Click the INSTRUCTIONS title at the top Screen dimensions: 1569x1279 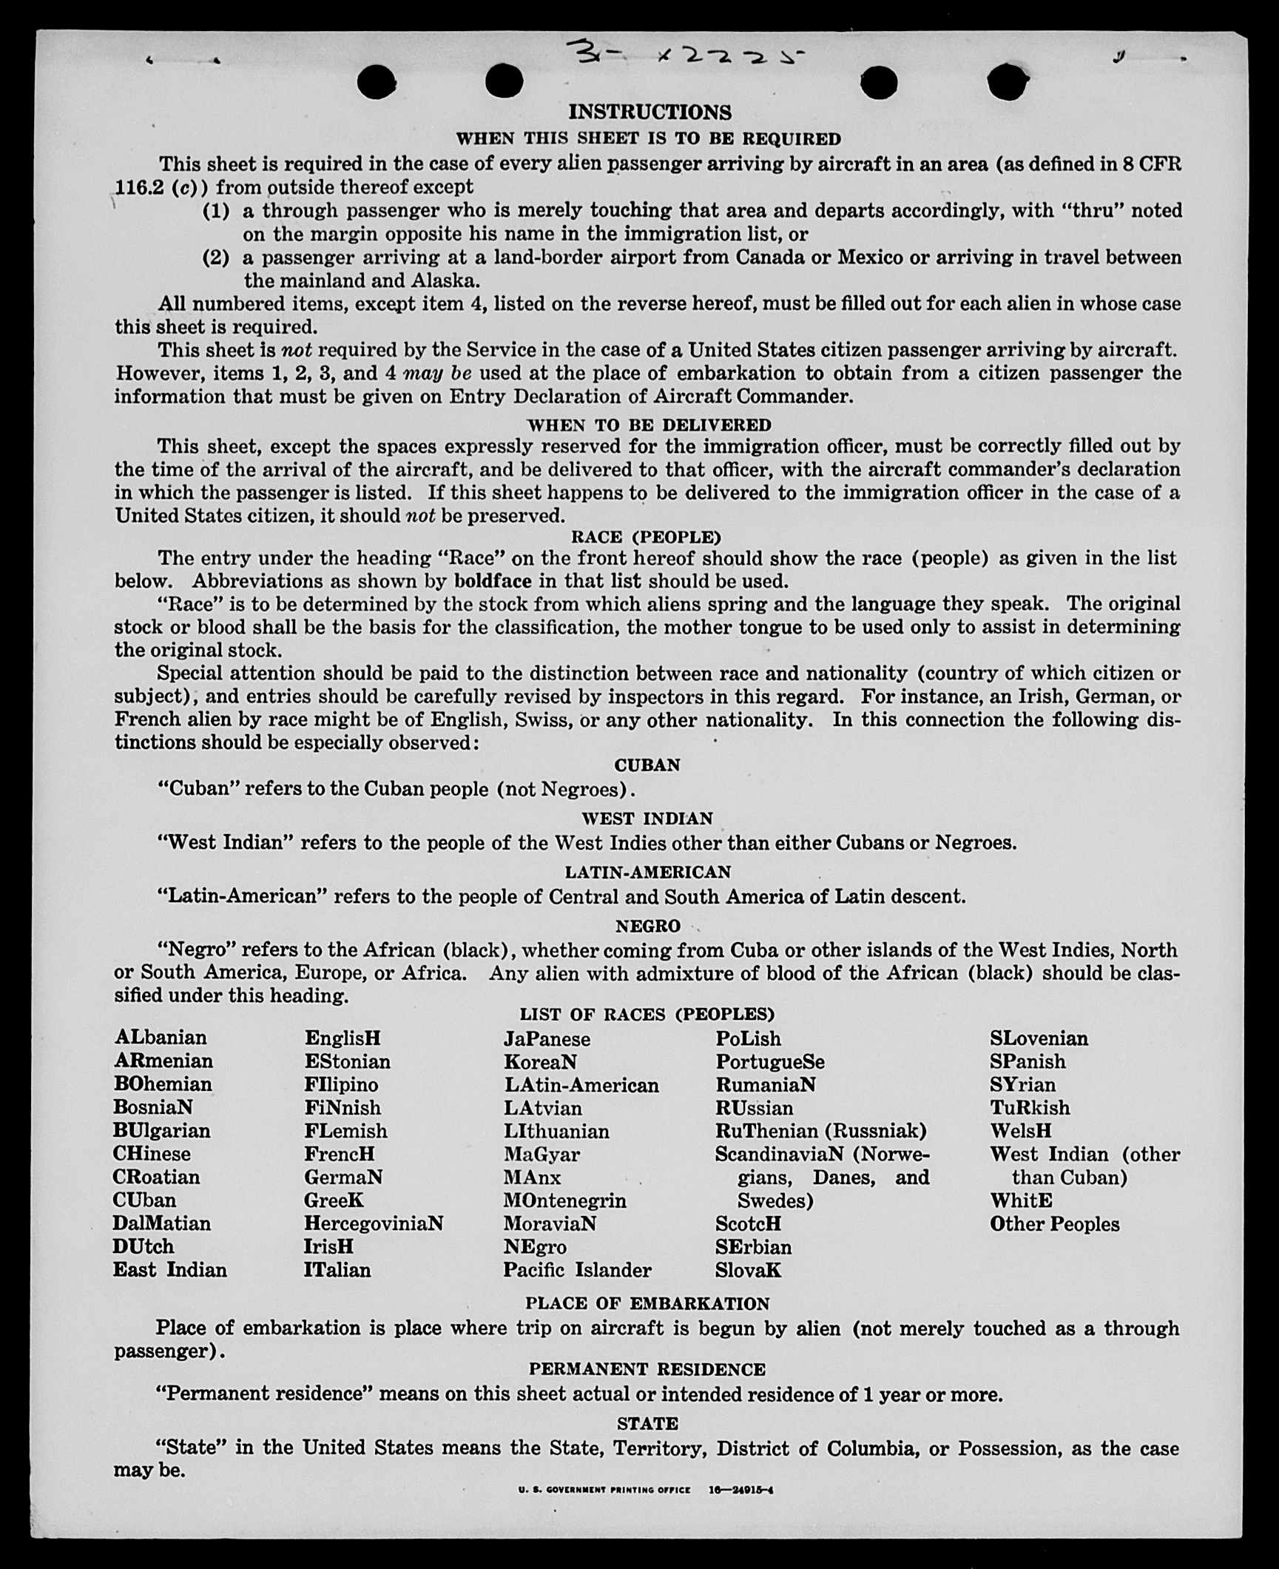pos(649,112)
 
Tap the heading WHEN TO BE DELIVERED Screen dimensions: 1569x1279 pos(649,425)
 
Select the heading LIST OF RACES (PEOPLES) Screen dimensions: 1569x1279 pos(647,1014)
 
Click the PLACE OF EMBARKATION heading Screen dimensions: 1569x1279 pos(647,1303)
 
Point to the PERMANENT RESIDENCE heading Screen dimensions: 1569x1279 pos(647,1369)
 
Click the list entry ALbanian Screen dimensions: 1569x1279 pos(161,1038)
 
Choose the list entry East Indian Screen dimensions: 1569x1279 pos(169,1270)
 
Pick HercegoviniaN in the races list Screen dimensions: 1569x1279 pos(374,1223)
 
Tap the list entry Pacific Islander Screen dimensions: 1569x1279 pos(577,1270)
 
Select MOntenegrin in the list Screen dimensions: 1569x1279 pos(564,1200)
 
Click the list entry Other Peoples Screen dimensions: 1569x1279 pos(1054,1224)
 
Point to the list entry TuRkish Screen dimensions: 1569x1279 pos(1030,1108)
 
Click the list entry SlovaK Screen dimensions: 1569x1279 pos(748,1271)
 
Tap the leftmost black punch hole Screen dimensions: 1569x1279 pos(377,81)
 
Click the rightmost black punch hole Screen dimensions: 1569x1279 pos(1007,81)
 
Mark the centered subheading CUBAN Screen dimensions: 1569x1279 pos(647,765)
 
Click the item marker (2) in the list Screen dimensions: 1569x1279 pos(216,258)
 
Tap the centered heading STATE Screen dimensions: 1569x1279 pos(647,1423)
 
